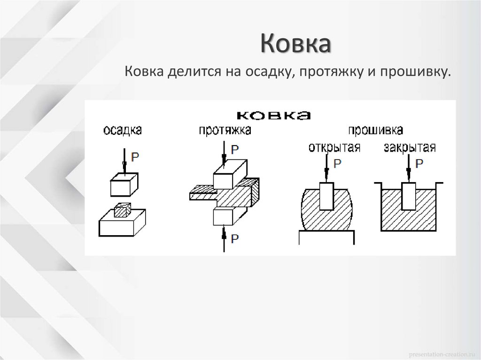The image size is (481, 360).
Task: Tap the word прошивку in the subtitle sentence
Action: [415, 73]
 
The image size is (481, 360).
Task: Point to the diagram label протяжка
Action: [225, 130]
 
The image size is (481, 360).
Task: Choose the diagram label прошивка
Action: [375, 130]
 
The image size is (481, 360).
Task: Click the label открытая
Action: [334, 147]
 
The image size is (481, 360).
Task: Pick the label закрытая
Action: [410, 147]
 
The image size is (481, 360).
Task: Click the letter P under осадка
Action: [135, 157]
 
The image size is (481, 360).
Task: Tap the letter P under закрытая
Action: [420, 163]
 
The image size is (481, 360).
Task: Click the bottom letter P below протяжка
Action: [235, 238]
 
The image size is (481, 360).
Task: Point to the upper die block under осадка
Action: [124, 184]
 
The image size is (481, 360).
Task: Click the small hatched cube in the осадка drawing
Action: [122, 211]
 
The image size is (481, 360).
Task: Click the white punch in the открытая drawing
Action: [326, 196]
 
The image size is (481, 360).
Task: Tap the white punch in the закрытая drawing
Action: [409, 196]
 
